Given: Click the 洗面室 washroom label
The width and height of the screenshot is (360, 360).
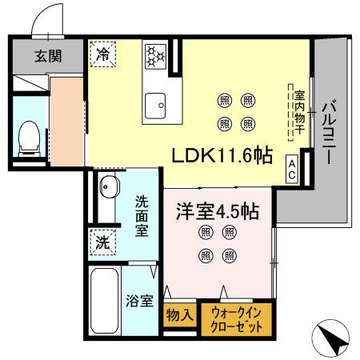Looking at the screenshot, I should click(142, 214).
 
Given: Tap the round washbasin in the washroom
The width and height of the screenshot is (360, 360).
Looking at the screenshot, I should click(107, 189).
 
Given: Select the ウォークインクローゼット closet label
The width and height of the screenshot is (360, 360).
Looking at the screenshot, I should click(237, 316).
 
